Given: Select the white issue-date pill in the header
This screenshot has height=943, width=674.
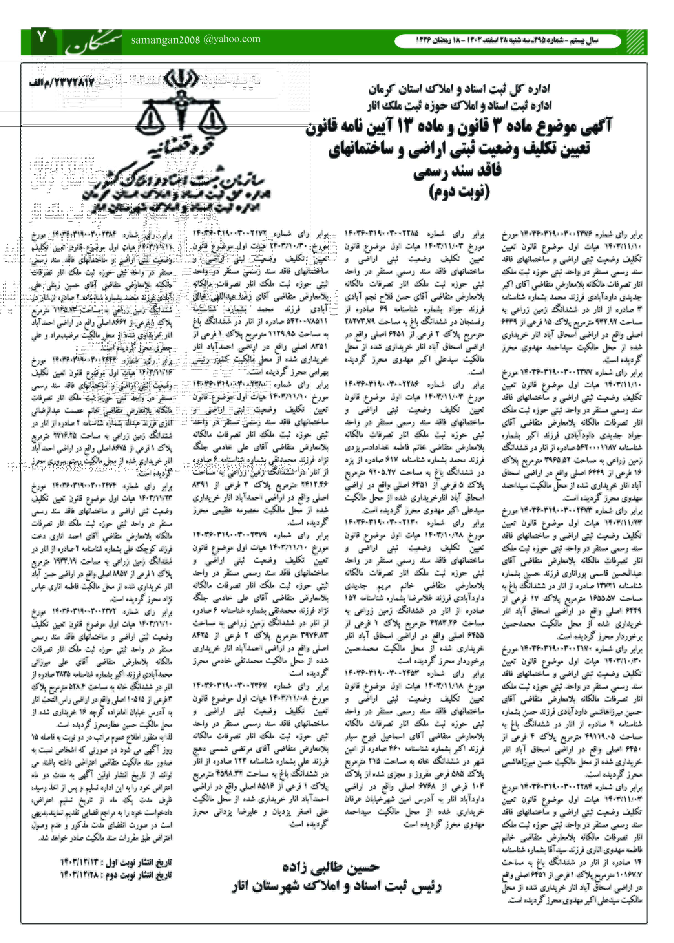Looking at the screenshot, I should tap(507, 41).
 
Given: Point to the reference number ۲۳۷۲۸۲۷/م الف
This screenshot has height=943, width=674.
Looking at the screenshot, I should tap(62, 82).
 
